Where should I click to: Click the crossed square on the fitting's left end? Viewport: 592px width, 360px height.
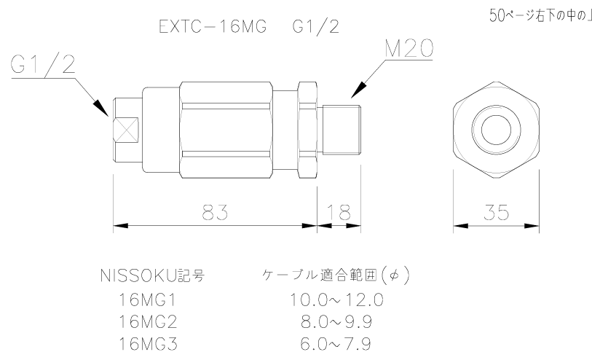pyautogui.click(x=127, y=133)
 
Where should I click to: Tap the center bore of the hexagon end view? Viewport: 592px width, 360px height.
pyautogui.click(x=496, y=131)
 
